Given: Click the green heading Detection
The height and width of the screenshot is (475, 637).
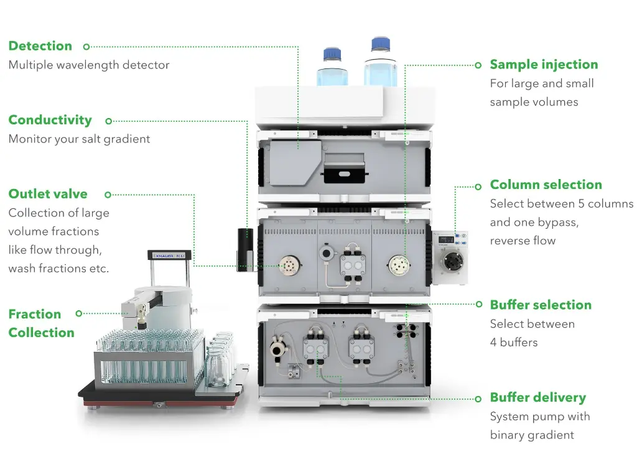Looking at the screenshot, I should click(x=40, y=46).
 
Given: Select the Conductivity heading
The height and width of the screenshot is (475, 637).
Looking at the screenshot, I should click(x=50, y=121).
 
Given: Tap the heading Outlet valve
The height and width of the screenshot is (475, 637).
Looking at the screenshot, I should click(x=48, y=194).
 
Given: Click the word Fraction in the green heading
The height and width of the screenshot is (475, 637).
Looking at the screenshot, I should click(x=35, y=314).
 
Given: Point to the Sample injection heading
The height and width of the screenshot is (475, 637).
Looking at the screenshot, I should click(x=544, y=65).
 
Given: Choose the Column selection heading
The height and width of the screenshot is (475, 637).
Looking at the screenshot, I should click(x=546, y=185).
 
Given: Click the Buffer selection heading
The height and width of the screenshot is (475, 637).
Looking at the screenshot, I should click(x=540, y=305).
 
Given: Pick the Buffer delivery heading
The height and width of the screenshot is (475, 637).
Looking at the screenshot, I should click(x=537, y=397).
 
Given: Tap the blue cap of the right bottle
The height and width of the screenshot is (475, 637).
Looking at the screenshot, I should click(x=380, y=45).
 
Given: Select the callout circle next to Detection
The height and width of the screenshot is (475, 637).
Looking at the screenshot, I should click(x=86, y=46).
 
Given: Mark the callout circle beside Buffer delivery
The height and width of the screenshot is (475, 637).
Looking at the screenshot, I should click(x=478, y=399).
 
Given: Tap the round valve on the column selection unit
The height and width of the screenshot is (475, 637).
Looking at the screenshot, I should click(x=452, y=265).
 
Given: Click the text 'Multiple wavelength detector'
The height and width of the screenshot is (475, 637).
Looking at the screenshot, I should click(x=88, y=65).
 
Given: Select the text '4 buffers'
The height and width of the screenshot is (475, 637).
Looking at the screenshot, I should click(x=513, y=342).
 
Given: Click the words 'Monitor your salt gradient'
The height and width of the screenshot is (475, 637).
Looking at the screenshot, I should click(x=79, y=139).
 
